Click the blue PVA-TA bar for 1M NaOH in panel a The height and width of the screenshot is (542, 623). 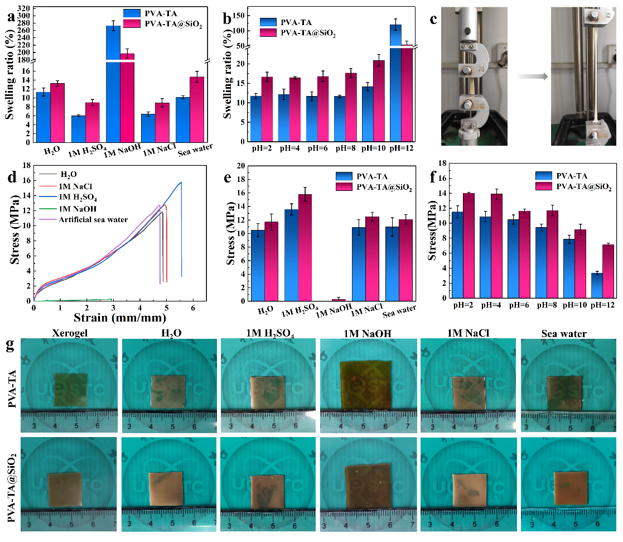tap(113, 84)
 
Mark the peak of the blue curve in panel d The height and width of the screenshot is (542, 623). tap(181, 182)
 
